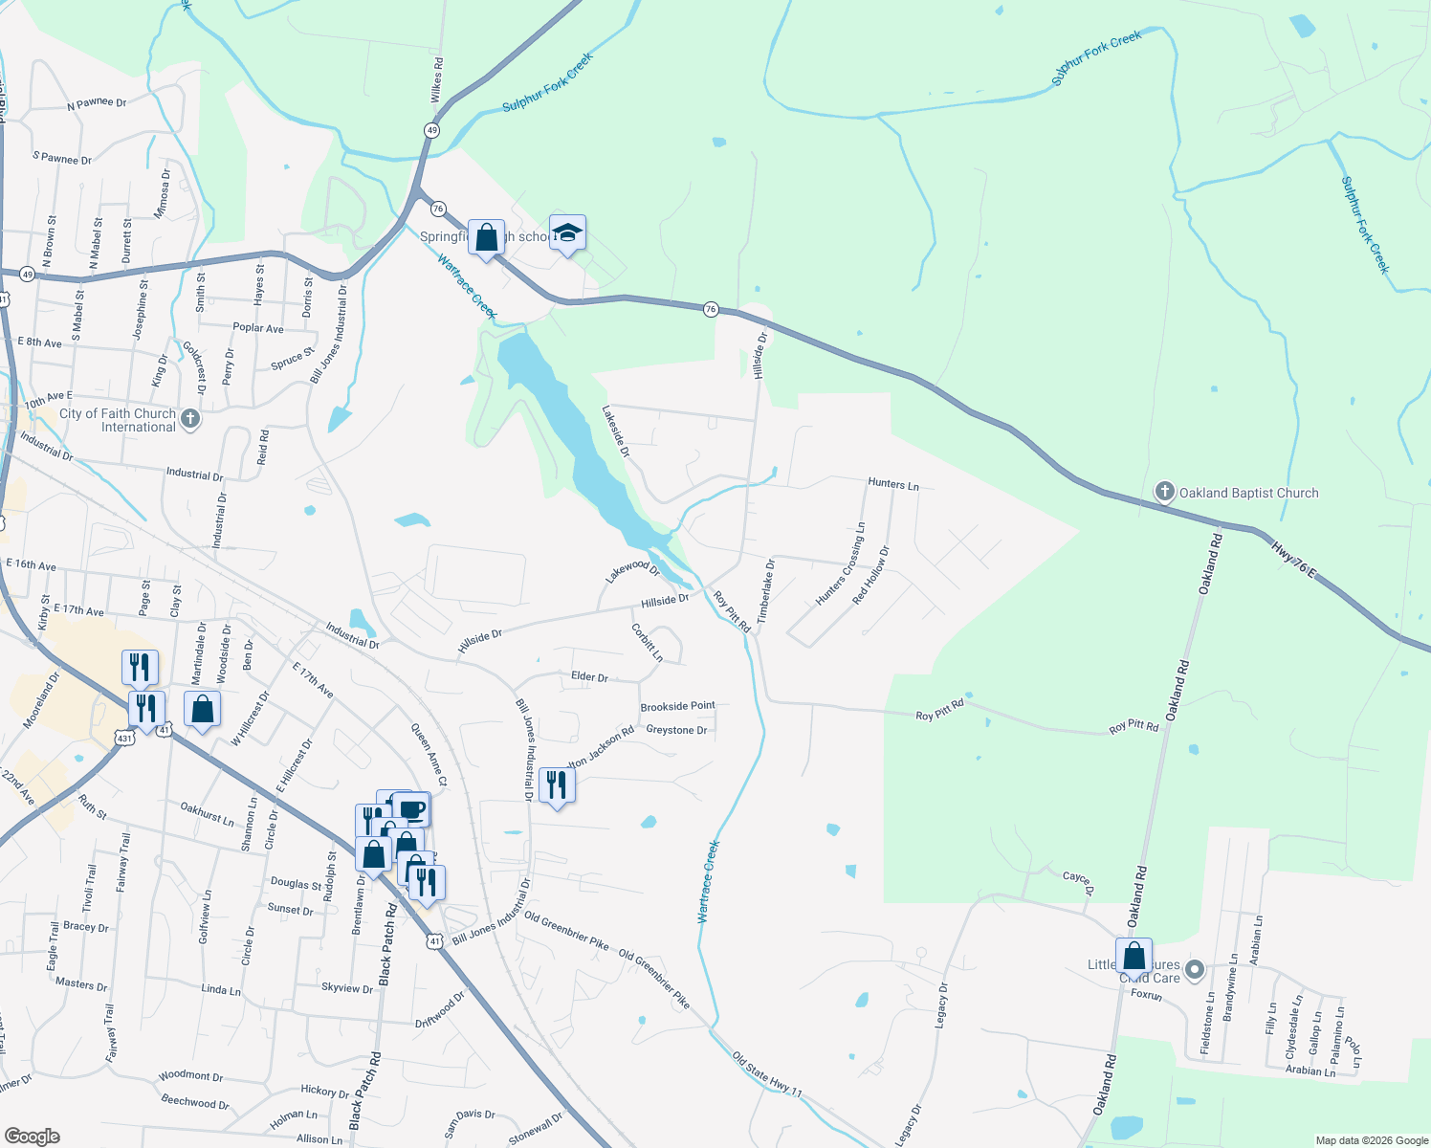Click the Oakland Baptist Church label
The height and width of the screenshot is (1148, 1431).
(x=1248, y=493)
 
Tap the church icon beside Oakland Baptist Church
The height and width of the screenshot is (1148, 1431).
(x=1164, y=492)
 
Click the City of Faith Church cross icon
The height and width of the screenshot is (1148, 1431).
(x=190, y=419)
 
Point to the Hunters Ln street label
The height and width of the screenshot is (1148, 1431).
(x=892, y=484)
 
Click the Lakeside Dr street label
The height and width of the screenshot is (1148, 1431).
(x=615, y=430)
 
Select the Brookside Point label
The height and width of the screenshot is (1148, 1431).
(x=677, y=706)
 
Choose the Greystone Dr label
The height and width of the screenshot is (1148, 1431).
(x=676, y=730)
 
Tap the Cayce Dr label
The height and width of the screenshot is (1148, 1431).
(x=1077, y=881)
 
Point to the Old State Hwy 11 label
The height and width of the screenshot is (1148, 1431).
(x=767, y=1072)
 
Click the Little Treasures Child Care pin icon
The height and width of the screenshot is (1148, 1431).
(x=1194, y=970)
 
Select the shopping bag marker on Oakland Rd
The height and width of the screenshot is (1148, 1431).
(x=1134, y=956)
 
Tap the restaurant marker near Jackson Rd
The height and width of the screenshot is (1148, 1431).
(x=557, y=785)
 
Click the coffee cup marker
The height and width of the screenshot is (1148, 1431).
(x=412, y=809)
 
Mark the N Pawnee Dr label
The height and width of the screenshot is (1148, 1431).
(x=97, y=103)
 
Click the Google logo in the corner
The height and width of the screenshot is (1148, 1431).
(x=33, y=1136)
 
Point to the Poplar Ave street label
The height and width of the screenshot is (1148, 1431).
(x=258, y=328)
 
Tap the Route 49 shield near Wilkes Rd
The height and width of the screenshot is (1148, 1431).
(x=432, y=130)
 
